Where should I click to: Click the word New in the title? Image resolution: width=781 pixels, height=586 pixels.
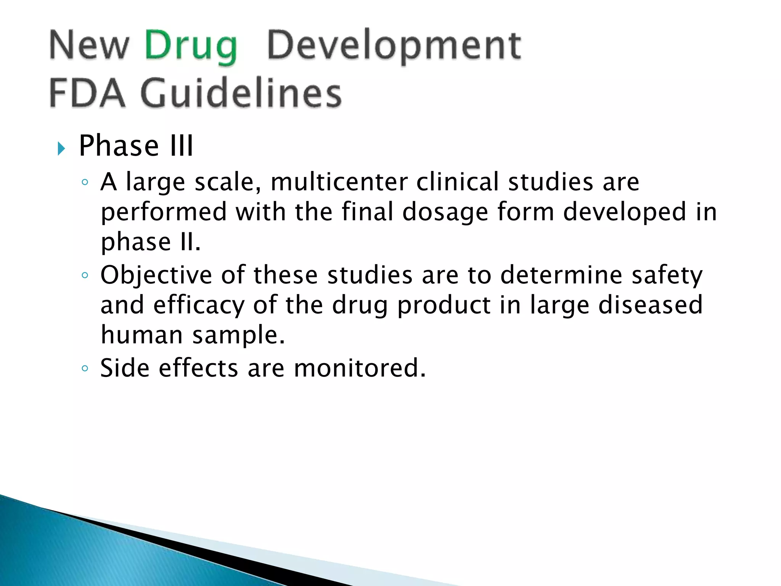tap(89, 46)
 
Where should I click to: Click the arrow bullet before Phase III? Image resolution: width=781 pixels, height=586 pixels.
tap(61, 148)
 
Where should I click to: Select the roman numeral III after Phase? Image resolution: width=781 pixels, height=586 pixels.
tap(182, 146)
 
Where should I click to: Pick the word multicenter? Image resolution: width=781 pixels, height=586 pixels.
tap(339, 182)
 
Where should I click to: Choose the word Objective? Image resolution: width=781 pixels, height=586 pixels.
tap(156, 275)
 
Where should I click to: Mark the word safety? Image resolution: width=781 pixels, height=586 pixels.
tap(667, 275)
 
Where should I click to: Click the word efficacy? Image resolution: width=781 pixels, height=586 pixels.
tap(199, 305)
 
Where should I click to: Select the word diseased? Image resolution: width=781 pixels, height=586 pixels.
tap(650, 305)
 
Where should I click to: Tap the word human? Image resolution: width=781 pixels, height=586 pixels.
tap(142, 335)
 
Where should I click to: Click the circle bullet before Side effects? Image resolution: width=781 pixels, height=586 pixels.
tap(85, 369)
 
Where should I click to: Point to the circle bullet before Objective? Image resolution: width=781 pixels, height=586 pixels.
tap(85, 275)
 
